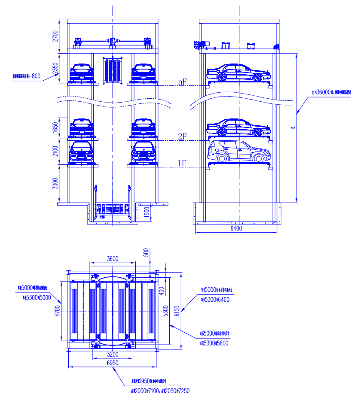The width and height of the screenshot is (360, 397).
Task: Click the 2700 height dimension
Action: tap(55, 36)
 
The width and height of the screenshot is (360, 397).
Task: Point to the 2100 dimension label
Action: tap(55, 152)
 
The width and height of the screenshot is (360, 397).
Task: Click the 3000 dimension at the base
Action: tap(55, 183)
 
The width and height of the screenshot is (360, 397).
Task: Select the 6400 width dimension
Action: tap(236, 229)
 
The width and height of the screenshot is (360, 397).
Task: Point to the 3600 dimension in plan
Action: tap(113, 259)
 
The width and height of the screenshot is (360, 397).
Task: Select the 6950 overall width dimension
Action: tap(113, 363)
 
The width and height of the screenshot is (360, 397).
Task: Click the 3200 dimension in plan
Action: tap(113, 354)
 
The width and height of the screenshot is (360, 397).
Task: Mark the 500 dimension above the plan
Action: tap(146, 252)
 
